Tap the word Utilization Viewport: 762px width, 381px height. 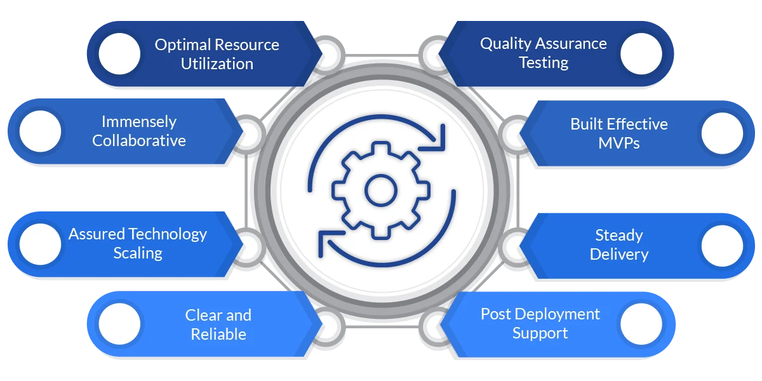point(217,64)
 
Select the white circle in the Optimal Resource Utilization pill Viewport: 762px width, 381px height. point(120,53)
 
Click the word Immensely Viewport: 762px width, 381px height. point(139,122)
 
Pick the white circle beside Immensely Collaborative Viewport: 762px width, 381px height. point(41,131)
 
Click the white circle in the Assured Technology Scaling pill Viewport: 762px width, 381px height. point(41,244)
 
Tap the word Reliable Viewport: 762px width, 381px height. point(218,334)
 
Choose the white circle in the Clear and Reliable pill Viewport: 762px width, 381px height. point(120,324)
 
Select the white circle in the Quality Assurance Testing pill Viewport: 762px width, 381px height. point(641,53)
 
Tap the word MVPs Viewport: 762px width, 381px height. point(618,143)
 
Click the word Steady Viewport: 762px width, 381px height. point(619,236)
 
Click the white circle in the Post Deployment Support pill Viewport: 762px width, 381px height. point(641,324)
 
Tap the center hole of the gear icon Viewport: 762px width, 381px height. point(381,190)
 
